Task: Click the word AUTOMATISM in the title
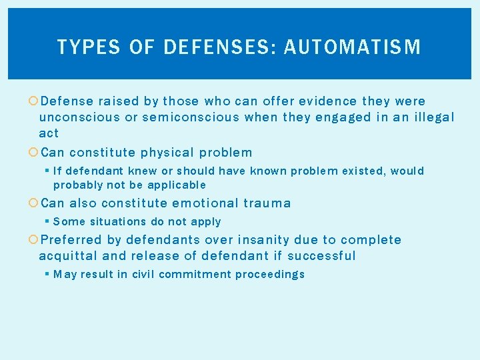tap(352, 47)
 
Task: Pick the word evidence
tap(327, 101)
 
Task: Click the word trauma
tap(267, 203)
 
